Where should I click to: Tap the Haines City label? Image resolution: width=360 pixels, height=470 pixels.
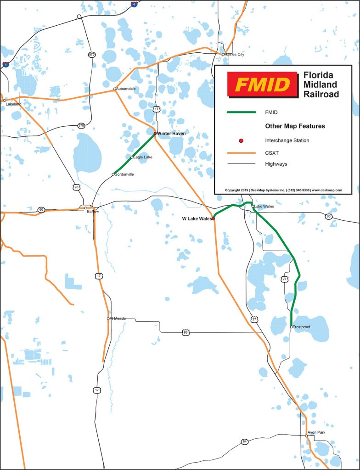[234, 55]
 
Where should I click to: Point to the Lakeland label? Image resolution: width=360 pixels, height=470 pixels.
[13, 104]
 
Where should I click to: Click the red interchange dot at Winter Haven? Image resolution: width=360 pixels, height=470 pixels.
[155, 134]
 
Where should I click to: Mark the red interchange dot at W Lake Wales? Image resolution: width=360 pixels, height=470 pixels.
[213, 219]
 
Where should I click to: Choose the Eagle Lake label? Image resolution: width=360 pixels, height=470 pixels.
[142, 157]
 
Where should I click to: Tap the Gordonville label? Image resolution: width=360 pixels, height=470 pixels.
[124, 174]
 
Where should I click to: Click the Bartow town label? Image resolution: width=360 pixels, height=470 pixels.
[93, 212]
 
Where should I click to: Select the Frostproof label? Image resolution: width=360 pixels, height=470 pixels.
[301, 327]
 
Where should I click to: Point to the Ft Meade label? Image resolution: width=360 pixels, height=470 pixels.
[118, 319]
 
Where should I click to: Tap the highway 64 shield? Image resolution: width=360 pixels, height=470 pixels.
[244, 442]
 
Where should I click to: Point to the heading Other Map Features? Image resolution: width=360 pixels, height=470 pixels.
[295, 126]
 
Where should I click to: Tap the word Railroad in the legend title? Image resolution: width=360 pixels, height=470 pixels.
[321, 94]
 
